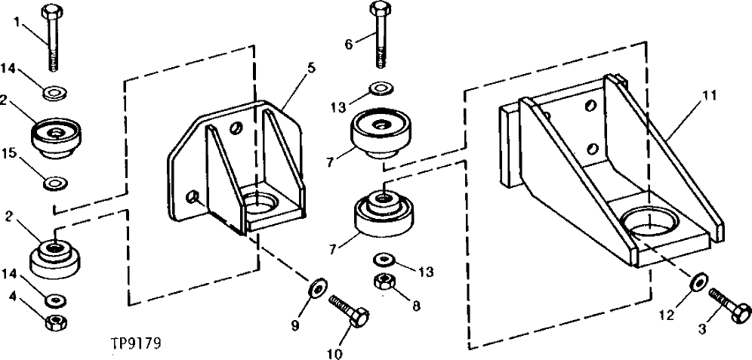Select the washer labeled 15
(x=55, y=182)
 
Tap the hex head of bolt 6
(x=379, y=10)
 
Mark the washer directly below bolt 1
(x=54, y=93)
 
